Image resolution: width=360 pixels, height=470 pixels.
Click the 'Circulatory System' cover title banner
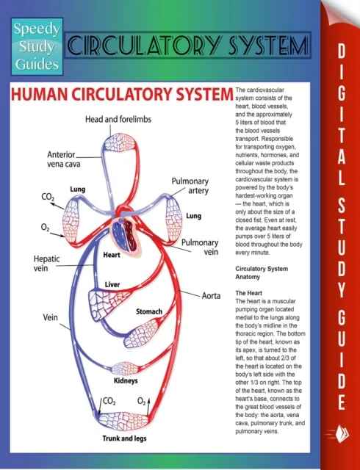(186, 47)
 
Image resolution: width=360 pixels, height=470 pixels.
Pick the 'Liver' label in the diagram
(112, 283)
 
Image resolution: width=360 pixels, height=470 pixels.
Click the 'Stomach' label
(148, 312)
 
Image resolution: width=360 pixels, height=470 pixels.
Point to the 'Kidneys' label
(126, 381)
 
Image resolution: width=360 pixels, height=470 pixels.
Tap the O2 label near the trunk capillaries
(143, 402)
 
